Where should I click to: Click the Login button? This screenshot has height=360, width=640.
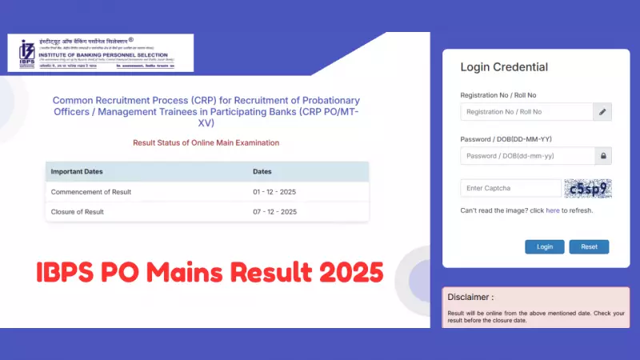pyautogui.click(x=545, y=246)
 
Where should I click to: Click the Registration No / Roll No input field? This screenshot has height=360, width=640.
pyautogui.click(x=526, y=112)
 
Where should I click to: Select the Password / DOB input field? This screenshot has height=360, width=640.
pyautogui.click(x=526, y=156)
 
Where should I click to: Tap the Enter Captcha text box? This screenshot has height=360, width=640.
pyautogui.click(x=510, y=188)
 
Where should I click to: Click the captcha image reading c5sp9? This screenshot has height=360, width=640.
pyautogui.click(x=587, y=189)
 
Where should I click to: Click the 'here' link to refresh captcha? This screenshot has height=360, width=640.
pyautogui.click(x=553, y=210)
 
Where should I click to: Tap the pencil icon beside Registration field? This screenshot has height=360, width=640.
pyautogui.click(x=602, y=112)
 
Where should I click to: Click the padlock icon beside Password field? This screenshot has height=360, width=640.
pyautogui.click(x=602, y=156)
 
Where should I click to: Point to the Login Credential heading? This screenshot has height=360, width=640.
pyautogui.click(x=504, y=67)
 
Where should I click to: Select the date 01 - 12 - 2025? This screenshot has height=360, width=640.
pyautogui.click(x=274, y=192)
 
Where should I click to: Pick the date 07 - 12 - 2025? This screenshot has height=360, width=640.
pyautogui.click(x=274, y=212)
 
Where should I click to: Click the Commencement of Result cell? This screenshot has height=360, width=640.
pyautogui.click(x=90, y=192)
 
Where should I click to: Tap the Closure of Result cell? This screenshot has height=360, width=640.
pyautogui.click(x=77, y=212)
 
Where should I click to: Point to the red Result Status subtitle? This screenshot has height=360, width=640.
pyautogui.click(x=206, y=142)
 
